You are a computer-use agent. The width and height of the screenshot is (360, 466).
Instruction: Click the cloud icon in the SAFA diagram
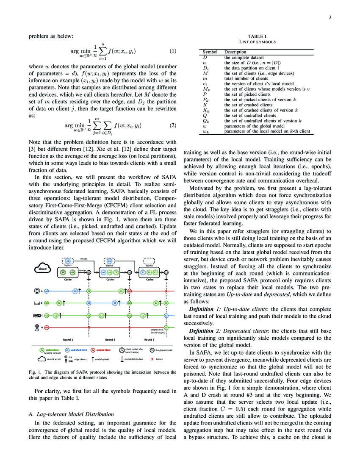click(x=42, y=269)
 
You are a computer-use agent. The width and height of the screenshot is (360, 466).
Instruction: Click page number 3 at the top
click(x=329, y=17)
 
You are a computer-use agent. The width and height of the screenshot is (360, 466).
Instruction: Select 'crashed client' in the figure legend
click(x=104, y=351)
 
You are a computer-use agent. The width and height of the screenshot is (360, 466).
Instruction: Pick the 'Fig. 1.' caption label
click(x=35, y=372)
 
